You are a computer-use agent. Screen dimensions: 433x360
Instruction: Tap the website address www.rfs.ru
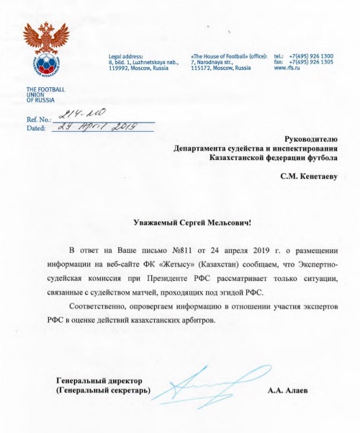tap(288, 68)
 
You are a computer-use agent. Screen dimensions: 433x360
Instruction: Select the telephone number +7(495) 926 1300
tap(310, 56)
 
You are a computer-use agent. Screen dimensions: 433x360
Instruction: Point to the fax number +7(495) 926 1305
tap(310, 62)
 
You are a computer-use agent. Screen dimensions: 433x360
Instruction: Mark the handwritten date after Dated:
tap(94, 128)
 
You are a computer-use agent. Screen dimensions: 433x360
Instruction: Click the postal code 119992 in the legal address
tap(120, 68)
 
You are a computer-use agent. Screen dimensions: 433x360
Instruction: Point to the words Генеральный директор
tap(100, 381)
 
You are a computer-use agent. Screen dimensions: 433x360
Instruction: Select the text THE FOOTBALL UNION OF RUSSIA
tap(45, 94)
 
